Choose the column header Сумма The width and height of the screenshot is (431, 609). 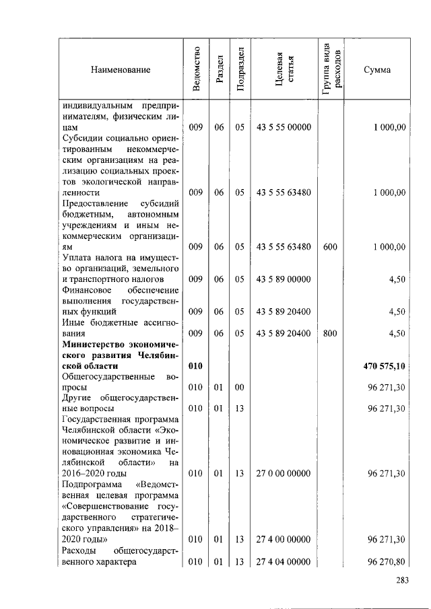pyautogui.click(x=377, y=70)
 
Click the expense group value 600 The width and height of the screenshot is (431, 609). pyautogui.click(x=330, y=247)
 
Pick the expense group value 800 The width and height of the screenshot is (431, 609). pyautogui.click(x=330, y=333)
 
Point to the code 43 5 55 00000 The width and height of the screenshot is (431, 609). pyautogui.click(x=284, y=127)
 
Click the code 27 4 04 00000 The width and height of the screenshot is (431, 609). pyautogui.click(x=284, y=561)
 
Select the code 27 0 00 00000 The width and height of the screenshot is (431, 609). pyautogui.click(x=284, y=474)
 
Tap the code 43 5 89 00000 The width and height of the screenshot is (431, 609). pyautogui.click(x=284, y=279)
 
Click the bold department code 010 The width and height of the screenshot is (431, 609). pyautogui.click(x=195, y=366)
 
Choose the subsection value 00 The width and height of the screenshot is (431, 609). pyautogui.click(x=240, y=388)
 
